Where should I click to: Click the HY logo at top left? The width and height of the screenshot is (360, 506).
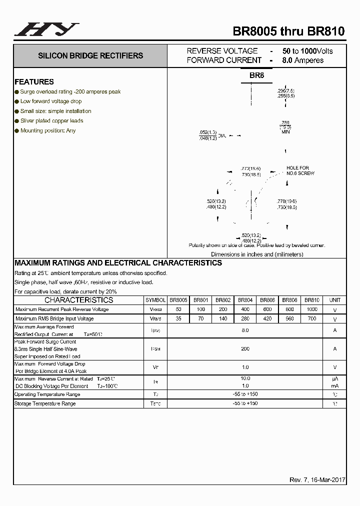tap(46, 29)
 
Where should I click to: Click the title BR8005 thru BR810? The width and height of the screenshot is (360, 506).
tap(288, 31)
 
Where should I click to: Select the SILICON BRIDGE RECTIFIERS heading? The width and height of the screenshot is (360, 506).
tap(90, 55)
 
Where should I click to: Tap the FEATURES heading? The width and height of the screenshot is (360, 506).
tap(34, 81)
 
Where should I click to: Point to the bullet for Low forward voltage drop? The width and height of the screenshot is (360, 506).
tap(16, 101)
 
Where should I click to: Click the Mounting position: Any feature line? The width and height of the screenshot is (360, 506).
tap(48, 130)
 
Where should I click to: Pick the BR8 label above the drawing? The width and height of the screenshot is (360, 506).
tap(256, 75)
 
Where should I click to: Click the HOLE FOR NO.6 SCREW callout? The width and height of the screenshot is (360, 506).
tap(300, 170)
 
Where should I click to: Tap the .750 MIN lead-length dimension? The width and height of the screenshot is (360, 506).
tap(285, 127)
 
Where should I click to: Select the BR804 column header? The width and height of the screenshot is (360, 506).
tap(245, 300)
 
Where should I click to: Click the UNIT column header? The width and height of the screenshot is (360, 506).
tap(334, 300)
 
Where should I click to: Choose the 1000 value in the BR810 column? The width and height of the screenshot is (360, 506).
tap(312, 309)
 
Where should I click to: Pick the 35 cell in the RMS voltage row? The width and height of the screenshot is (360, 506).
tap(178, 318)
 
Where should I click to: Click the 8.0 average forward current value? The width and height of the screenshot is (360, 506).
tap(245, 330)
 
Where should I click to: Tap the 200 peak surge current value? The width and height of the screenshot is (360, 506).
tap(245, 348)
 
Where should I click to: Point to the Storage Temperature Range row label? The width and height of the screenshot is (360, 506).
tap(45, 403)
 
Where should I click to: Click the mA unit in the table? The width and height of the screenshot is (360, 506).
tap(334, 386)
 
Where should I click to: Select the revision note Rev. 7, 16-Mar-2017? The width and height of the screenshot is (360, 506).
tap(317, 480)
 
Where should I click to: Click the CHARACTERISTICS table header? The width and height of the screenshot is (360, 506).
tap(79, 300)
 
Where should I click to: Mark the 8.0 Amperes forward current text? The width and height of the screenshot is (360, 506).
tap(302, 60)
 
